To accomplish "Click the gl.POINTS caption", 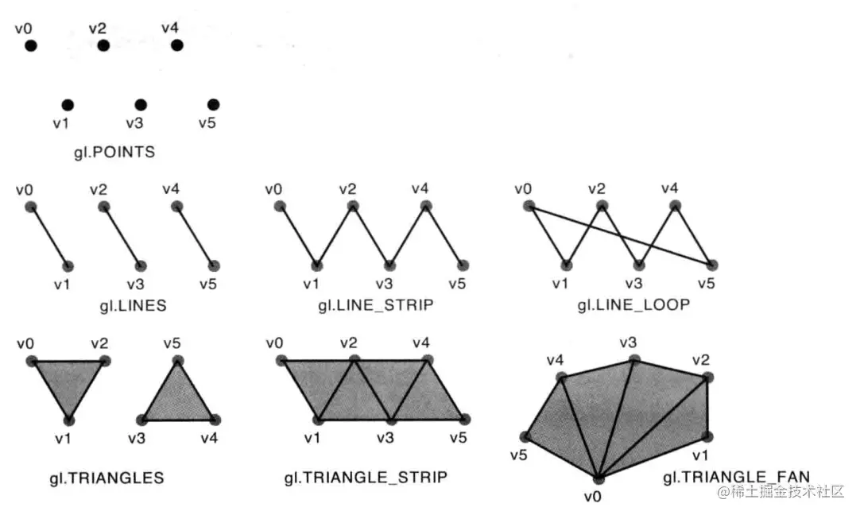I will click(x=114, y=152).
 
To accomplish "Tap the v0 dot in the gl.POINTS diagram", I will click(x=30, y=46).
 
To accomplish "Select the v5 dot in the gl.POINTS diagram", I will click(x=213, y=105).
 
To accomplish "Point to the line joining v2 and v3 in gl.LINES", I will click(x=122, y=236).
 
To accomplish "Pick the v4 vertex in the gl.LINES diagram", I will click(x=176, y=207).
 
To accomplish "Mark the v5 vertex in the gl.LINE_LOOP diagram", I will click(x=711, y=264).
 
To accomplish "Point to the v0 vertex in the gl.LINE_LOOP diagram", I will click(x=529, y=207).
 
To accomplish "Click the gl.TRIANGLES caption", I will click(x=107, y=478).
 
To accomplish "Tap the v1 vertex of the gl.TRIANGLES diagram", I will click(x=68, y=419).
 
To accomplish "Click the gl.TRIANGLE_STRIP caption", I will click(x=366, y=478).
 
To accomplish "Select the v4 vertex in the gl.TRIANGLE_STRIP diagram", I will click(x=425, y=361).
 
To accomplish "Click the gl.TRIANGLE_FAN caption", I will click(x=736, y=478).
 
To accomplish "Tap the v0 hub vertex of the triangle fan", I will click(x=599, y=478).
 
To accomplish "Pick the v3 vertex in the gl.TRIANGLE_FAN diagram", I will click(x=633, y=360).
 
